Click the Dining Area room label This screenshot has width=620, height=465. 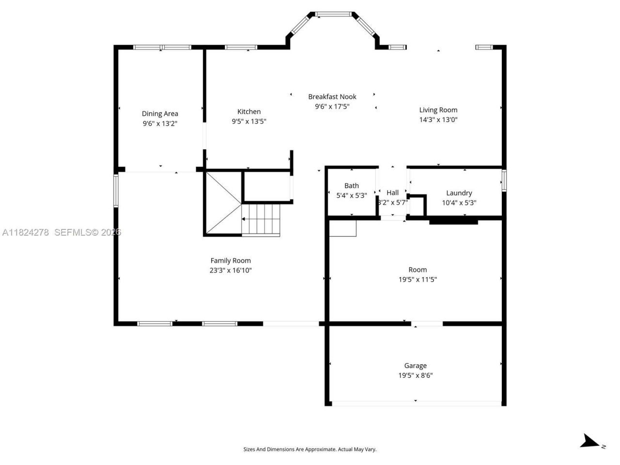pos(160,114)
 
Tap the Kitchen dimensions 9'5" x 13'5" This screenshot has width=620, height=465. pos(249,122)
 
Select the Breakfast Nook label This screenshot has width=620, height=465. pos(332,97)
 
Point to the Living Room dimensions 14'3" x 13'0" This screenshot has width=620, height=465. pos(438,120)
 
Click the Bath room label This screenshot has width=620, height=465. pos(352,186)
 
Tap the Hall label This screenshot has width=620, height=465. pos(392,193)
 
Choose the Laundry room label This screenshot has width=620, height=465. pos(459,193)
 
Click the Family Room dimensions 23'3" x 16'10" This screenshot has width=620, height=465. pos(231,270)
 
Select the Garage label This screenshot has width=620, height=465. pos(416,366)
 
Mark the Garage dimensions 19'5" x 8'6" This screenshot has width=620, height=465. pos(416,375)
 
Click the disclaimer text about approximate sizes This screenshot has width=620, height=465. pos(310,449)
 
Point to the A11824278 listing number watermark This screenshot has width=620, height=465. pos(26,232)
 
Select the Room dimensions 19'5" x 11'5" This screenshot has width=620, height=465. pos(418,279)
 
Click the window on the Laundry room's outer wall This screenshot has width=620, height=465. pos(504,180)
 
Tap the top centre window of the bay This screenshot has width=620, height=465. pos(335,15)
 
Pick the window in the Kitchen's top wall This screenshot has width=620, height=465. pos(241,47)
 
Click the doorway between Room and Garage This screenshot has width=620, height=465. pos(427,323)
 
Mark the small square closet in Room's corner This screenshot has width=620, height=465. pos(343,228)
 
